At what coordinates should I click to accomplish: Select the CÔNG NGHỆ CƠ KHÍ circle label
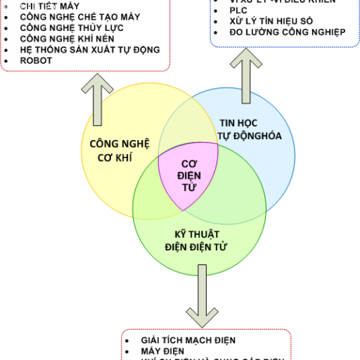(120, 149)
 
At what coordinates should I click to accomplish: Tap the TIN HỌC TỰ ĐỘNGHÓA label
(245, 128)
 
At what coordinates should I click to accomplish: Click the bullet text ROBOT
(37, 60)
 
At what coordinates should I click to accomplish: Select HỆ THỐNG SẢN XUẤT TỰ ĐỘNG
(90, 50)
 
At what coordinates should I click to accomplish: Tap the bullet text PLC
(239, 11)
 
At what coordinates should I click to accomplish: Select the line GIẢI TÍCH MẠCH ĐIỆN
(188, 340)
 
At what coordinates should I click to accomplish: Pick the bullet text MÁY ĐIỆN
(162, 350)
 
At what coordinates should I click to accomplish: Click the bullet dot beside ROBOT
(6, 61)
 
